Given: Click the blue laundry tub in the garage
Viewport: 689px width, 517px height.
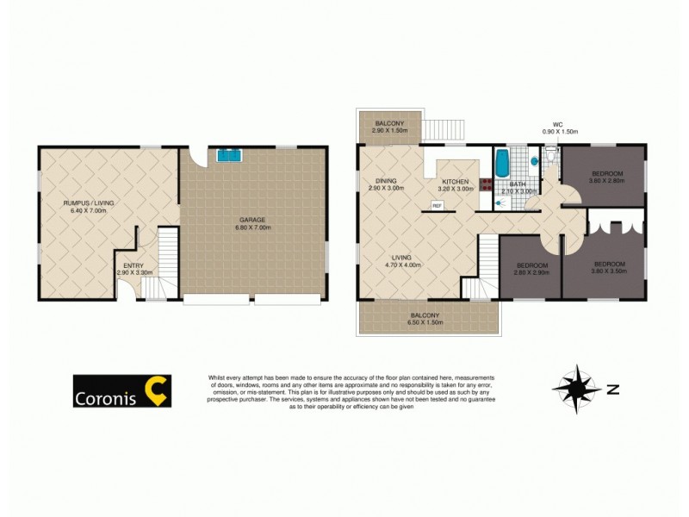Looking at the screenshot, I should point(229,156).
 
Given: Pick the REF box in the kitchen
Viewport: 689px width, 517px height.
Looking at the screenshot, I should point(437,205).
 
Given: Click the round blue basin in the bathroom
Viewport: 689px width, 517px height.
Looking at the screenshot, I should point(535,161).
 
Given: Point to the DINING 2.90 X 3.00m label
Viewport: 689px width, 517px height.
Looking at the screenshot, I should point(385,184).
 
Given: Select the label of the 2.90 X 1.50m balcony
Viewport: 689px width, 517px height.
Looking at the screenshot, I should point(389,126).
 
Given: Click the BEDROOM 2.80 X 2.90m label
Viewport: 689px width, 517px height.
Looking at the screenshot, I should point(532,268).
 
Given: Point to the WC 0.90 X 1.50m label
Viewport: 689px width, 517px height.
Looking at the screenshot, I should point(558,128).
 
